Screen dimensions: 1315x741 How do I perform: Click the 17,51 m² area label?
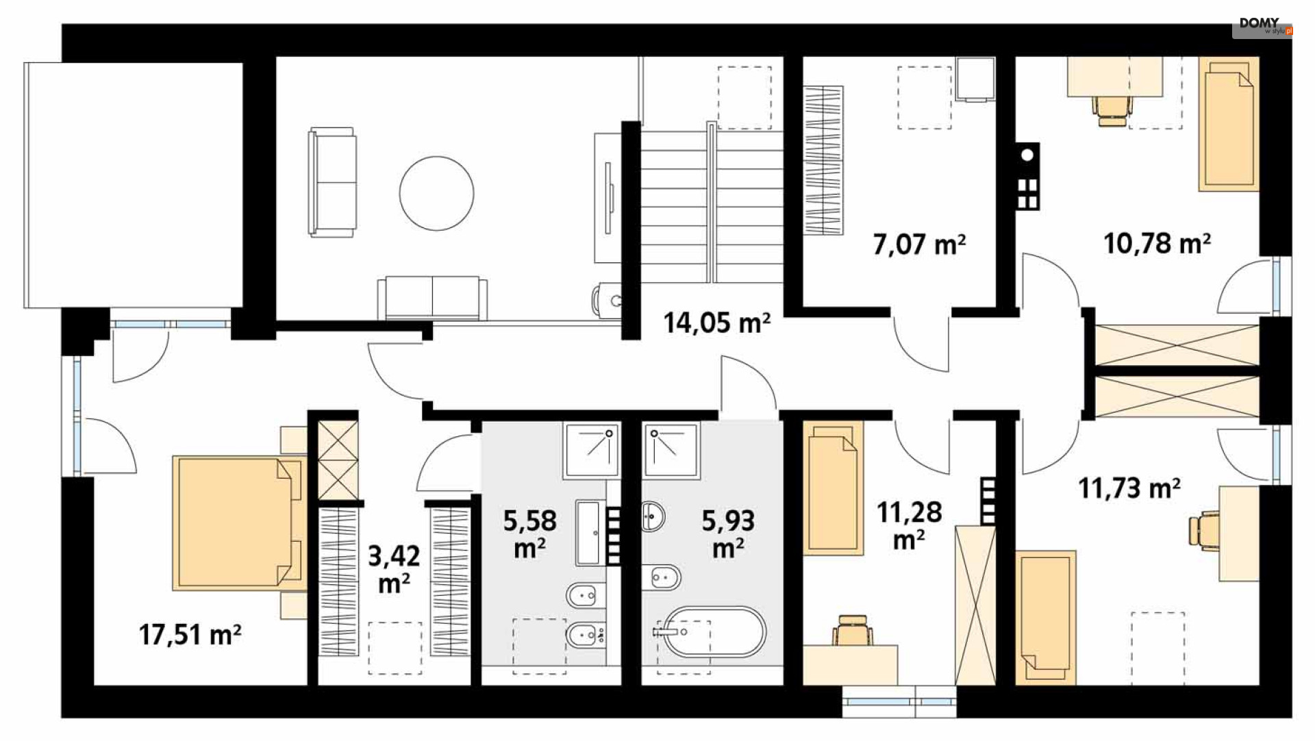[190, 635]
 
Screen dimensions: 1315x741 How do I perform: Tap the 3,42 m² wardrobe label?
[394, 569]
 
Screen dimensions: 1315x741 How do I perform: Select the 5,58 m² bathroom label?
[529, 534]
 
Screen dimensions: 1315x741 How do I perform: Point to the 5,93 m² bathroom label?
[728, 534]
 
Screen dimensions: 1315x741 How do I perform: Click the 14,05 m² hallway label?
[716, 322]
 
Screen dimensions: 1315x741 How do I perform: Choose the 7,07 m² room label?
[919, 244]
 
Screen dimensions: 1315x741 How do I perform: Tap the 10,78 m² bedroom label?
[1157, 243]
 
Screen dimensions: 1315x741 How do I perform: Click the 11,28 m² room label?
[909, 525]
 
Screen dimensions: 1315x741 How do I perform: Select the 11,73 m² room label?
[1129, 488]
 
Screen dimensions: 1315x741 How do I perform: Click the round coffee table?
[437, 193]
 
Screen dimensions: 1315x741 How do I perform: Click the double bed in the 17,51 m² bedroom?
[238, 523]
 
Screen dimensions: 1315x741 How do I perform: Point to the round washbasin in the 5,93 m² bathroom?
[653, 516]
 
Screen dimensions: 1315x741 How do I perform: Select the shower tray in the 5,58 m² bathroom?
[592, 450]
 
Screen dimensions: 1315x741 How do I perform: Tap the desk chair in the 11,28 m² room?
[852, 630]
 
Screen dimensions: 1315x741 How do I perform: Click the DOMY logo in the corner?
[1262, 26]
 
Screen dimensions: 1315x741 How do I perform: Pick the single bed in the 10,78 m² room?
[1229, 124]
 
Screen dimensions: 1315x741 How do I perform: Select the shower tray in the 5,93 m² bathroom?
[671, 450]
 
